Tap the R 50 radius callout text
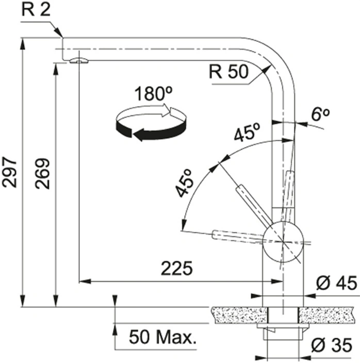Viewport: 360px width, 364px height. point(229,72)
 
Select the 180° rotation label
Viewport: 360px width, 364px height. point(153,93)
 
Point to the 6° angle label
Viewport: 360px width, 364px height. point(320,114)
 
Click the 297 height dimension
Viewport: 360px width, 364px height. point(9,173)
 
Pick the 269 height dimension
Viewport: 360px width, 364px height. point(42,174)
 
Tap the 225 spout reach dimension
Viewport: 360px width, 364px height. point(177,268)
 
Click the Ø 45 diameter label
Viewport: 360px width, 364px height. point(336,283)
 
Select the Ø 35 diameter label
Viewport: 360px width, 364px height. point(332,345)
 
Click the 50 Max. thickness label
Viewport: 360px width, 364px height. point(162,337)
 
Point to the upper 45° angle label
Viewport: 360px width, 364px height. point(247,132)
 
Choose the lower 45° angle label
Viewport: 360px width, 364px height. point(185,183)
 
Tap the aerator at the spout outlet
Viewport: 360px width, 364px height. point(79,61)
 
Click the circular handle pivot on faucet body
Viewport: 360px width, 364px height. point(283,242)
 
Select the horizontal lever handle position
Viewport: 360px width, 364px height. point(238,237)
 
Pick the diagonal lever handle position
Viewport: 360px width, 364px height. point(254,205)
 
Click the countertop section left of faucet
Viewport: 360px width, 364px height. point(239,315)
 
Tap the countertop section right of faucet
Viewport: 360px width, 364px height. point(326,315)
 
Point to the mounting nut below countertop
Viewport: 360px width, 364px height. point(283,332)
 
